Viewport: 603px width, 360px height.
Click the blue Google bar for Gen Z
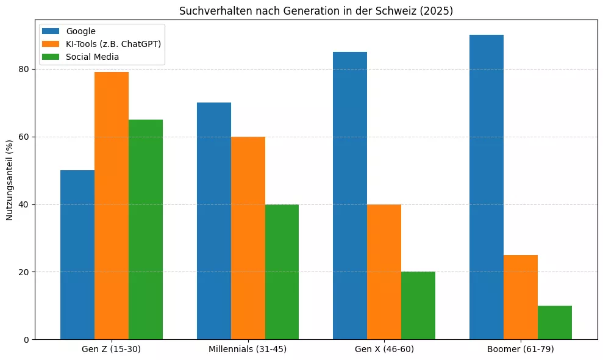[x=77, y=254]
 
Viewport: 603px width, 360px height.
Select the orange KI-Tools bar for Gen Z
[x=112, y=206]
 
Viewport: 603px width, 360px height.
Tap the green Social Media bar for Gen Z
[x=146, y=229]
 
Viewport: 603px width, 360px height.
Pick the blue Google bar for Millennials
[x=214, y=221]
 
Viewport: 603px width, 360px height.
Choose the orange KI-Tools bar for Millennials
[x=248, y=238]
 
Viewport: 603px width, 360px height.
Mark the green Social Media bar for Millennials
[x=282, y=272]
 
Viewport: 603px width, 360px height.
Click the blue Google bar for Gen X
[x=350, y=195]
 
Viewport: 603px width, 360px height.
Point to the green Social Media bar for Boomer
[x=555, y=322]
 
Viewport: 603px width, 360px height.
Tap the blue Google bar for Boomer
[x=487, y=187]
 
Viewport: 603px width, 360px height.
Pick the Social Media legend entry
[x=92, y=57]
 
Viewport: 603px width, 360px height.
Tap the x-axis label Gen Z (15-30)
[x=112, y=350]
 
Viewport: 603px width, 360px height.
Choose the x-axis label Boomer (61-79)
[x=521, y=350]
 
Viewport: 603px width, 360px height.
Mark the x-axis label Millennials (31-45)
[x=248, y=350]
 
